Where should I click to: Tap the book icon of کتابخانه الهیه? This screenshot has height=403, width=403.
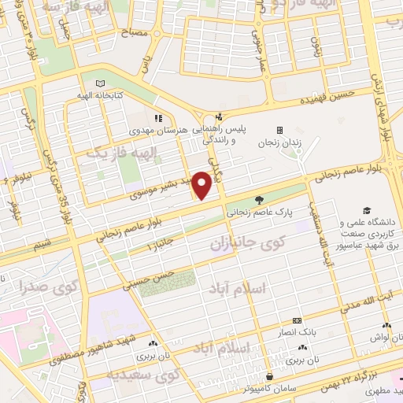[x=99, y=83]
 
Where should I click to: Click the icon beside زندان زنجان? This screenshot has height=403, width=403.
[x=279, y=130]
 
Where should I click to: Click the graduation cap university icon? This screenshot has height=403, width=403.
[x=366, y=210]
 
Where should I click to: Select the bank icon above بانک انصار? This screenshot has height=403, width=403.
[x=296, y=320]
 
